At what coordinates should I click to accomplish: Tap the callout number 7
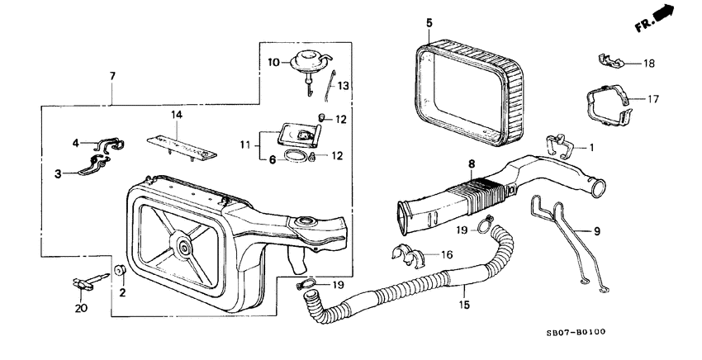coord(112,76)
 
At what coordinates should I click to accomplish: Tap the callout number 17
coord(652,99)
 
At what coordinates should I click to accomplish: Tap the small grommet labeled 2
coord(119,269)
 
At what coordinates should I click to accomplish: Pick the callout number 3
coord(59,173)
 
